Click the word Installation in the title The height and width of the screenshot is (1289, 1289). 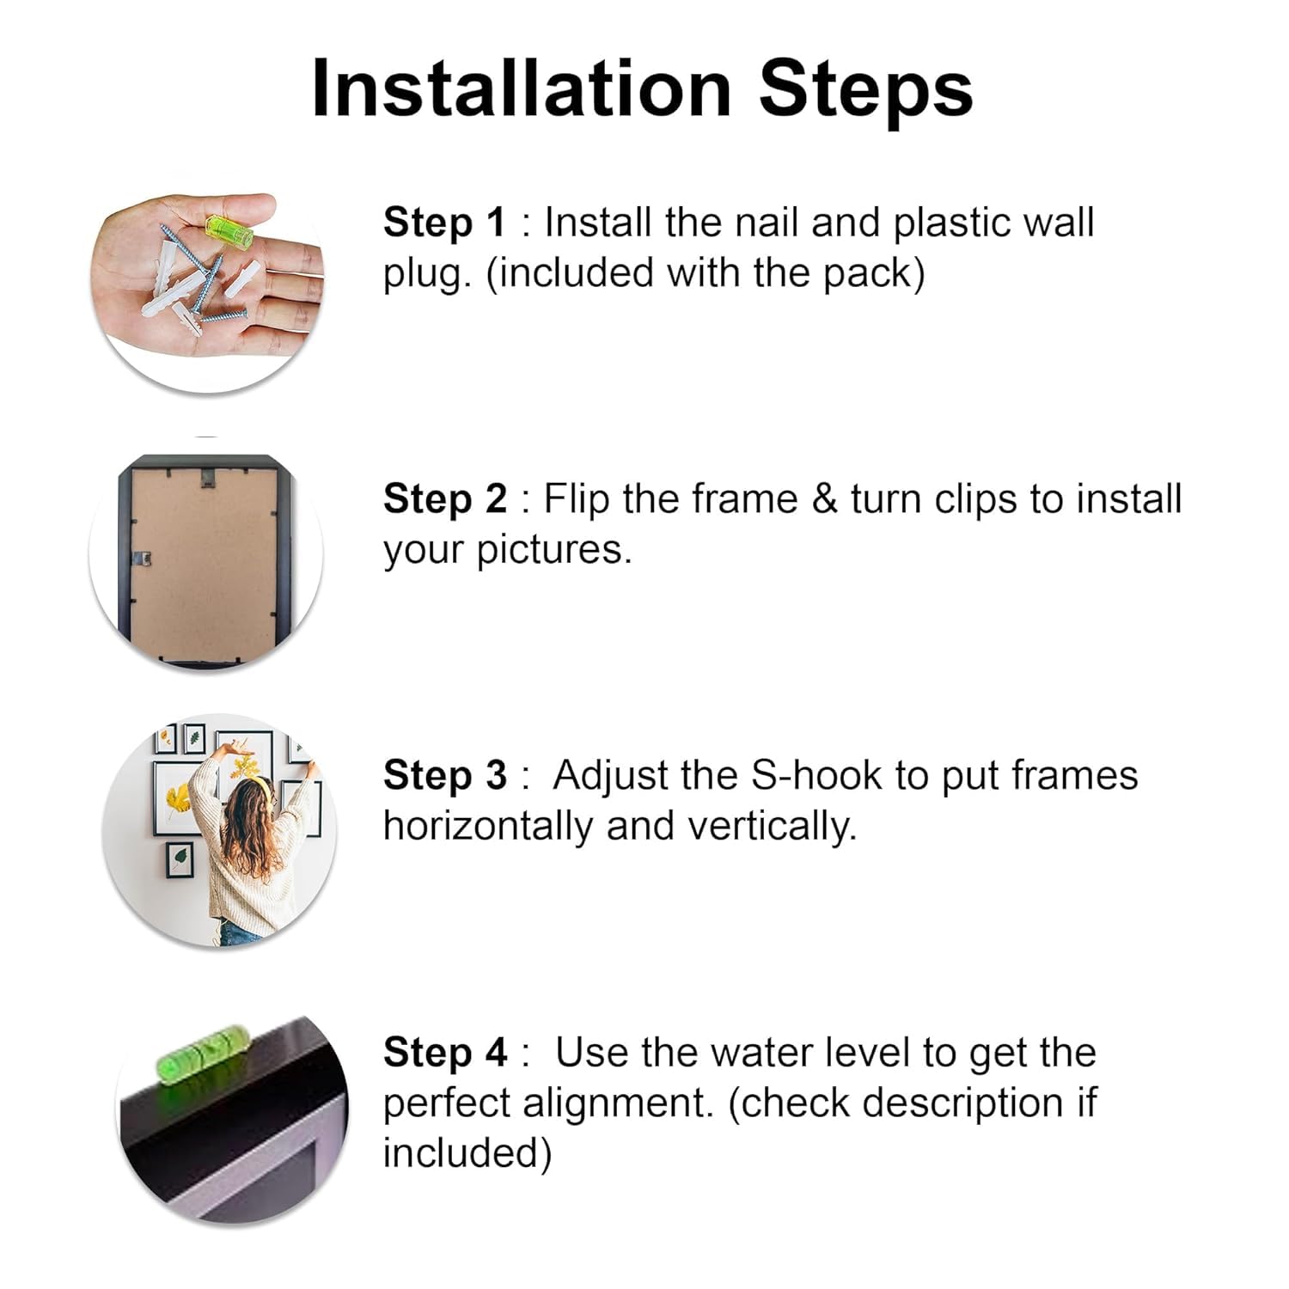(x=522, y=89)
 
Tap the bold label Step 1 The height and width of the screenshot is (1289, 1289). (x=444, y=223)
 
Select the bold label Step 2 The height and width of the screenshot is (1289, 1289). (x=444, y=499)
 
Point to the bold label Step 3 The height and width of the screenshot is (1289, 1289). (x=444, y=776)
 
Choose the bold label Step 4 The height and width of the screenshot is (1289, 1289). (x=444, y=1053)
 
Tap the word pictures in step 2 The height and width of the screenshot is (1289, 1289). (x=554, y=550)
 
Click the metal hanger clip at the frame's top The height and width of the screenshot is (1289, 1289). (x=208, y=472)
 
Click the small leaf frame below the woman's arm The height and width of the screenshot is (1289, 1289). (x=179, y=859)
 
